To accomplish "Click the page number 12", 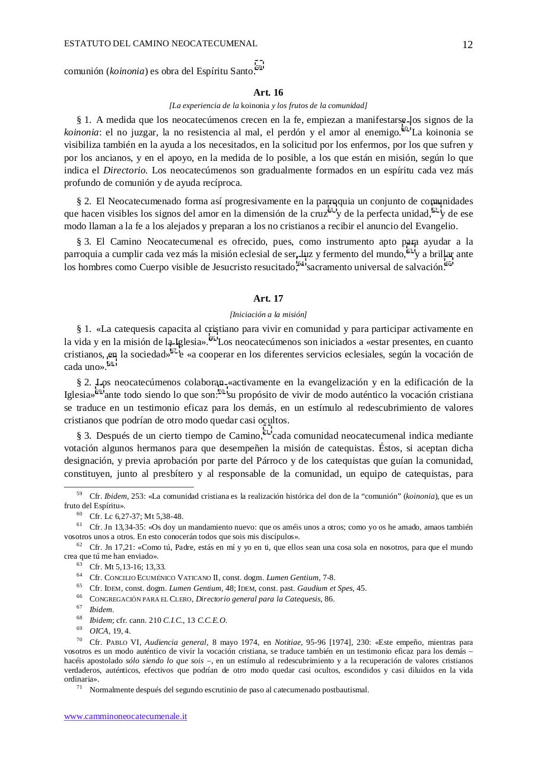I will [467, 45].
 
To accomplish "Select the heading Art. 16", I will [268, 93].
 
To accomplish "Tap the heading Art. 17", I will [268, 299].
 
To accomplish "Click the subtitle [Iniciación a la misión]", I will [268, 315].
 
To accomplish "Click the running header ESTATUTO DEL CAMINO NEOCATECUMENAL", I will [160, 43].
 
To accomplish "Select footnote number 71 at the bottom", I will [79, 688].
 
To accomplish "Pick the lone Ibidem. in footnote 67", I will [101, 610].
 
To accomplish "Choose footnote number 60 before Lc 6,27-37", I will [79, 514].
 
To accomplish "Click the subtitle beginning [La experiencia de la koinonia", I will [268, 106].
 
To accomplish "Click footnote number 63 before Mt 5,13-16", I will [79, 565].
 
